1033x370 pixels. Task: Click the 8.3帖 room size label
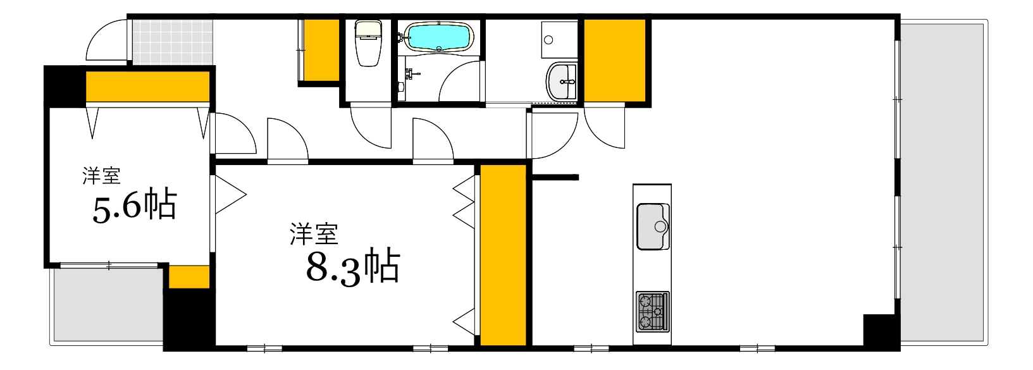353,267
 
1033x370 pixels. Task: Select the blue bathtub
438,37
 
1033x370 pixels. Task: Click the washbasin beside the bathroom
562,82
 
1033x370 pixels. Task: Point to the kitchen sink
652,226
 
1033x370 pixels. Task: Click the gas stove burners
652,311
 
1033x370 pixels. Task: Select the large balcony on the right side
943,183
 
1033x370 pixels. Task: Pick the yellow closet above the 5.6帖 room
147,87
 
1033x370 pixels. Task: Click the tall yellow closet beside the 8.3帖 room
503,255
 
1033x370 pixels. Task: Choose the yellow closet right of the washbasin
614,60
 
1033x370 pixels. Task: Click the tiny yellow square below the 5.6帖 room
189,277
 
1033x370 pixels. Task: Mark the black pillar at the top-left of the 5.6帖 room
64,86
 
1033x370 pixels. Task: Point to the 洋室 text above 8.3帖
314,234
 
